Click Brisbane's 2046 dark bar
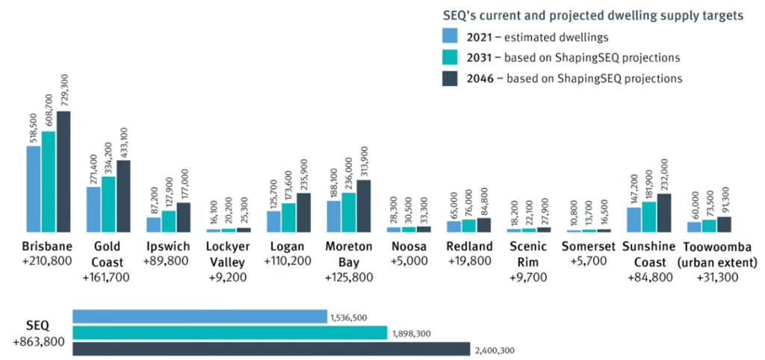(64, 172)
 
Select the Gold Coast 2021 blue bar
(93, 209)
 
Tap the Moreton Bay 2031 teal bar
(348, 212)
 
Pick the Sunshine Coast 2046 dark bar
(663, 213)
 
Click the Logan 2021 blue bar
(273, 221)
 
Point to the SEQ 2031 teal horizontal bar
(229, 332)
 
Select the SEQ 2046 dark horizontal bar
(271, 349)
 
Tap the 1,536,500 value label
(348, 317)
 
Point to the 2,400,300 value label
(494, 350)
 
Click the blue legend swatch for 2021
(450, 35)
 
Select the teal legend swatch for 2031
(450, 57)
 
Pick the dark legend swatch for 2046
(450, 78)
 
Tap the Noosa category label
(409, 246)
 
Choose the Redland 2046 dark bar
(483, 225)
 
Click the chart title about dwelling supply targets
(592, 16)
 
